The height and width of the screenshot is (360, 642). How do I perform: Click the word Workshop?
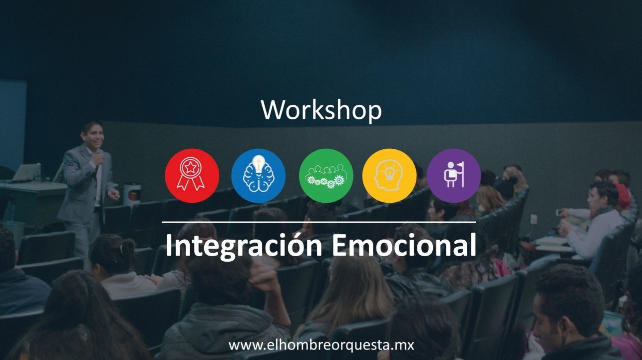pos(321,110)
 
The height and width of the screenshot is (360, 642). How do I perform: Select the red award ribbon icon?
pos(192,176)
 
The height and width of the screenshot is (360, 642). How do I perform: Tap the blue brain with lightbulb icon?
pos(258,176)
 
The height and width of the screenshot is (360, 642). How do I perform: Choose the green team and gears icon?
pos(325,176)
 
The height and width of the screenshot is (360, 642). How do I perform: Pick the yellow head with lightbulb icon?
pos(389,176)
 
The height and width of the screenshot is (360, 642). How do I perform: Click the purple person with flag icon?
pos(454,176)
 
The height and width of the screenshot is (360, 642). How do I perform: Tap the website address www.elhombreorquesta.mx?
pos(321,345)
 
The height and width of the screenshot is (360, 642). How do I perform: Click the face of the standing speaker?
pos(93,136)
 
